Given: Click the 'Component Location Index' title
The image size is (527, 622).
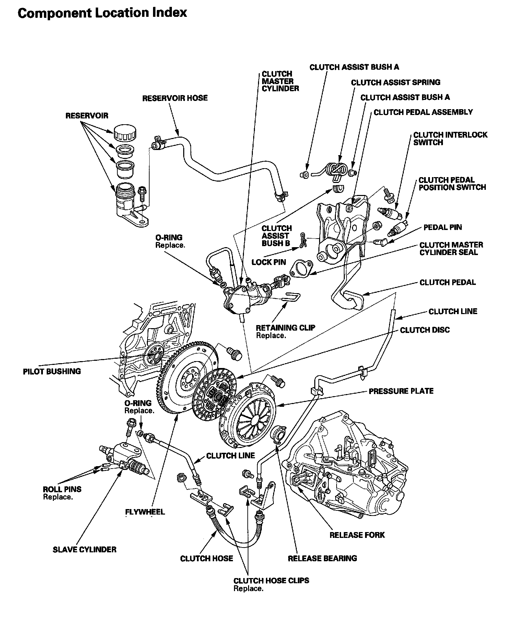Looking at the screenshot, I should pyautogui.click(x=102, y=13).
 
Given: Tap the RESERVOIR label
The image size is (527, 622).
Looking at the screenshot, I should pyautogui.click(x=86, y=116).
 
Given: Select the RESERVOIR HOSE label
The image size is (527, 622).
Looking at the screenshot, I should pyautogui.click(x=175, y=98).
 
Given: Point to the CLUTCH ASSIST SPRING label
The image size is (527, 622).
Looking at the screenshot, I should pyautogui.click(x=396, y=82).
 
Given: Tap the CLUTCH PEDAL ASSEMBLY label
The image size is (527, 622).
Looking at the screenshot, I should pyautogui.click(x=423, y=112).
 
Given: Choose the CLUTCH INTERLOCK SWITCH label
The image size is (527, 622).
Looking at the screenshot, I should pyautogui.click(x=450, y=139).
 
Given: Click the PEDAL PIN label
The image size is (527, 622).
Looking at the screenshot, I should pyautogui.click(x=443, y=227).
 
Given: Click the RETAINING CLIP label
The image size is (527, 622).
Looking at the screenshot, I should pyautogui.click(x=285, y=328).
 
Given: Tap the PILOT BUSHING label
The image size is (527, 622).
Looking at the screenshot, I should pyautogui.click(x=52, y=371).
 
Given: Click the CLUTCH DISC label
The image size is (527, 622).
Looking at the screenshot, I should pyautogui.click(x=425, y=330).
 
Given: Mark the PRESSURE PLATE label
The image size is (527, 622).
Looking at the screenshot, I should pyautogui.click(x=401, y=391).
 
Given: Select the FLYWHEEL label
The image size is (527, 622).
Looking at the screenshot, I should pyautogui.click(x=145, y=512).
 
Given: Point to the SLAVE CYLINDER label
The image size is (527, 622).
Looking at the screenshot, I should pyautogui.click(x=84, y=550).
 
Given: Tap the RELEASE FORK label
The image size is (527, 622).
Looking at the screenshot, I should pyautogui.click(x=357, y=535).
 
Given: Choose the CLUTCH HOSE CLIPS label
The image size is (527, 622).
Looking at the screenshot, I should pyautogui.click(x=271, y=580).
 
